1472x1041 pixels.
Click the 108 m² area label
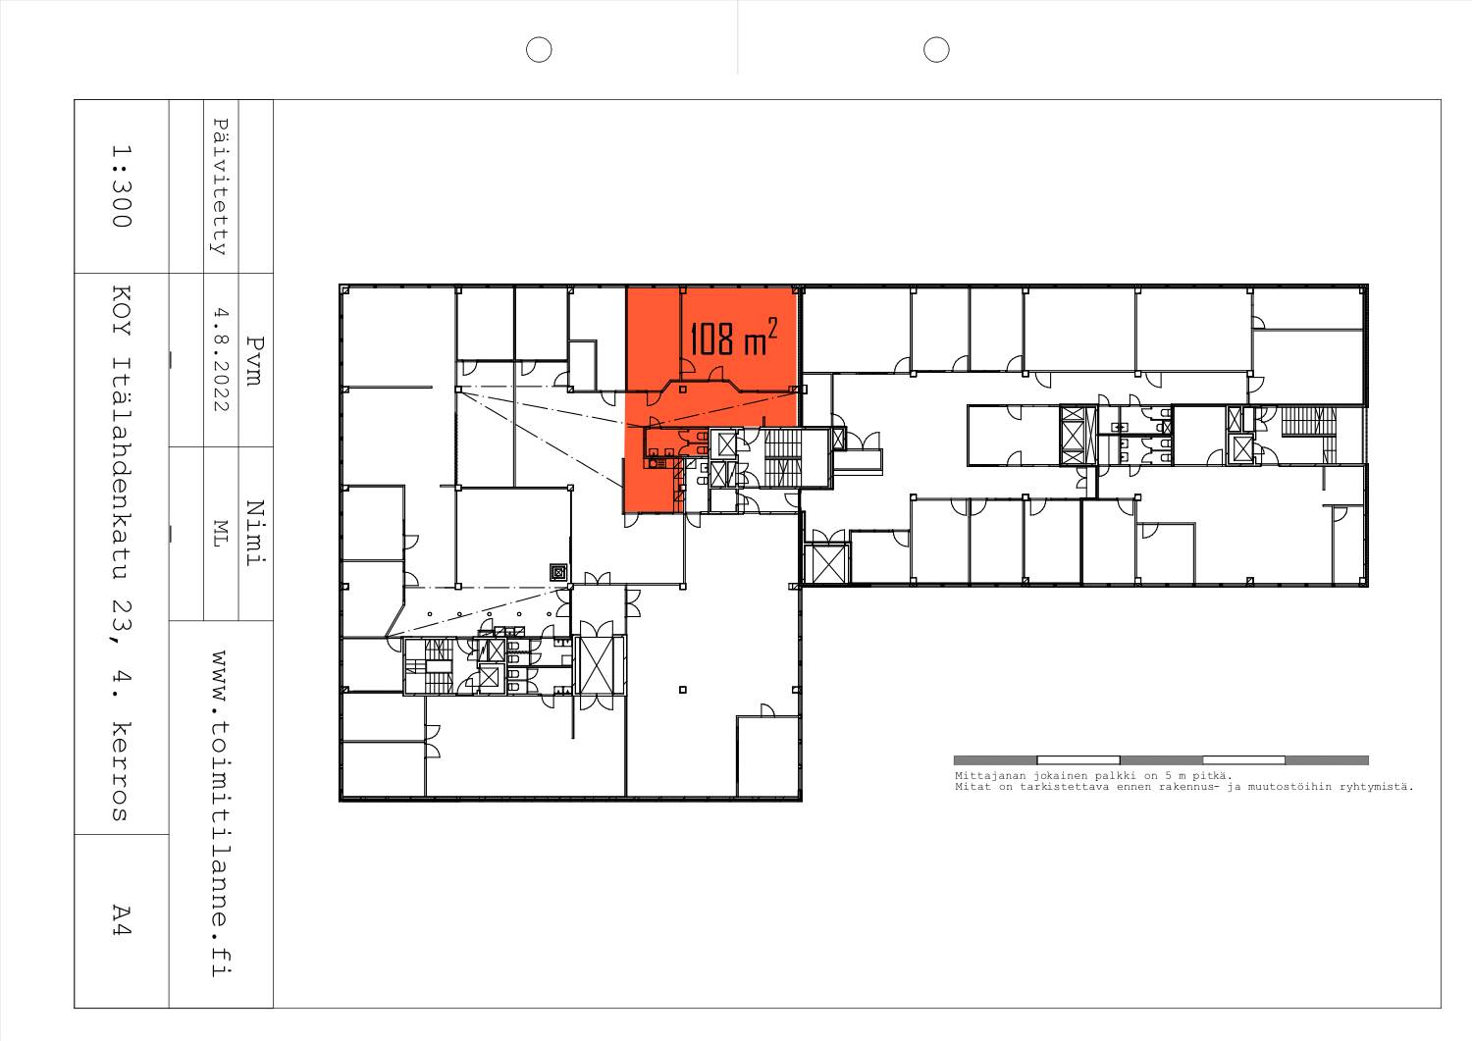733,337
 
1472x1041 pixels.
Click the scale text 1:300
122,186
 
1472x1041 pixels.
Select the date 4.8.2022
220,359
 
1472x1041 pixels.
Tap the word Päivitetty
220,186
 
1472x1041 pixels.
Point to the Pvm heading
255,361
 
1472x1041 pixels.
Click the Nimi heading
255,533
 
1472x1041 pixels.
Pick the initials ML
220,533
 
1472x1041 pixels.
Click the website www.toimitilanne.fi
221,813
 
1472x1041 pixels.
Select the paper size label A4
122,920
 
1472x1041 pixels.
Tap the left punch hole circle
539,50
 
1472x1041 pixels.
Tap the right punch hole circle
936,50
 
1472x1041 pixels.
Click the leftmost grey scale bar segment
995,760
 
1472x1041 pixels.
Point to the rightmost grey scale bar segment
1327,760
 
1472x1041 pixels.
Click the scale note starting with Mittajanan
1093,776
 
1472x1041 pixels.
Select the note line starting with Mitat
1184,787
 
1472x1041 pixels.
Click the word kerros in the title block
122,771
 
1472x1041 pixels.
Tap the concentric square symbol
558,572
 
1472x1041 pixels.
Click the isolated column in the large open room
683,690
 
